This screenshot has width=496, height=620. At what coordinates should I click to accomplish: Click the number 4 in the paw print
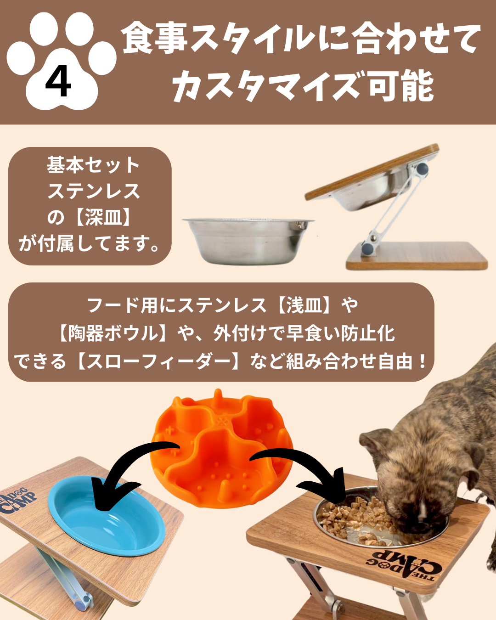[x=58, y=81]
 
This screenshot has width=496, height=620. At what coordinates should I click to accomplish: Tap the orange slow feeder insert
[x=221, y=447]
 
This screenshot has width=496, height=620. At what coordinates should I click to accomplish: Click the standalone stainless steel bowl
[x=248, y=241]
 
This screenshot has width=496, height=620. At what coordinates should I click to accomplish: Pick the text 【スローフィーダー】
[x=158, y=361]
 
